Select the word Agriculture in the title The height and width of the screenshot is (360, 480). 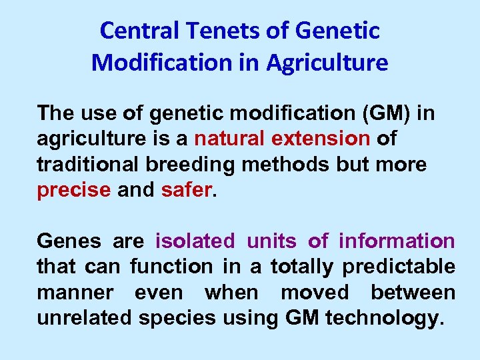(327, 63)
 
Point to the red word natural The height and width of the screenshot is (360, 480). (229, 139)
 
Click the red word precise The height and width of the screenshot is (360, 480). (74, 189)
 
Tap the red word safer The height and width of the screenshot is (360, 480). (186, 189)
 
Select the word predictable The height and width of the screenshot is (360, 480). (399, 267)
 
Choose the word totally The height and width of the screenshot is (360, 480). (301, 267)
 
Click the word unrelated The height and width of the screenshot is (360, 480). (84, 318)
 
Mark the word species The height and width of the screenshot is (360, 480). (177, 318)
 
